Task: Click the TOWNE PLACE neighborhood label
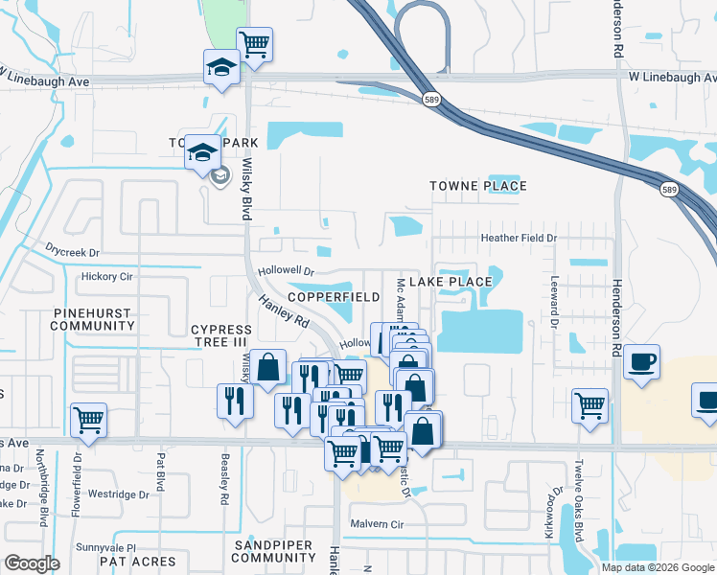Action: pos(478,186)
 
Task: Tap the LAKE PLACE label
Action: pos(451,282)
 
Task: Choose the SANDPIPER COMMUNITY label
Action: pos(273,551)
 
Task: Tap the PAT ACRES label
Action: pos(138,562)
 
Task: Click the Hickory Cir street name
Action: pos(107,277)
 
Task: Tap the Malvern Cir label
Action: pos(379,524)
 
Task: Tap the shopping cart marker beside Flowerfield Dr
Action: pos(88,420)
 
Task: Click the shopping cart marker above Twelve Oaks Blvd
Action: pos(589,403)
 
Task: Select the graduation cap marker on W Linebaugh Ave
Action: pos(221,67)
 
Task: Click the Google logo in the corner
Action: pos(33,564)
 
